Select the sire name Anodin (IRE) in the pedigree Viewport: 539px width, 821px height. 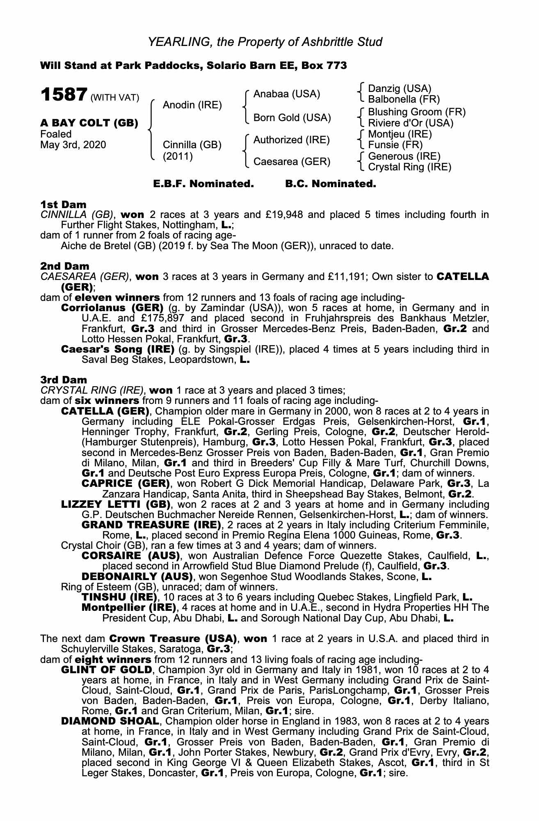click(x=192, y=105)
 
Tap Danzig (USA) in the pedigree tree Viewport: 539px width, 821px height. click(x=400, y=89)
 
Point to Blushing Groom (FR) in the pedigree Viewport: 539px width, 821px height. click(x=417, y=112)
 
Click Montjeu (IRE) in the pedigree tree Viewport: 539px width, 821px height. click(x=400, y=134)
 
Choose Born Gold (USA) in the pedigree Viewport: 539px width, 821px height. click(x=292, y=118)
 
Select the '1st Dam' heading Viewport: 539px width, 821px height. click(x=63, y=204)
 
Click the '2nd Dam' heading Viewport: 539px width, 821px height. click(x=65, y=266)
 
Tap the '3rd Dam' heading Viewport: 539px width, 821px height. click(x=64, y=380)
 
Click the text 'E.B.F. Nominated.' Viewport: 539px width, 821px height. click(x=203, y=184)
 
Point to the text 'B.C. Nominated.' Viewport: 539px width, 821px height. click(x=330, y=184)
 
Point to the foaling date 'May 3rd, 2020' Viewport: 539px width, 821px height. click(x=73, y=144)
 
